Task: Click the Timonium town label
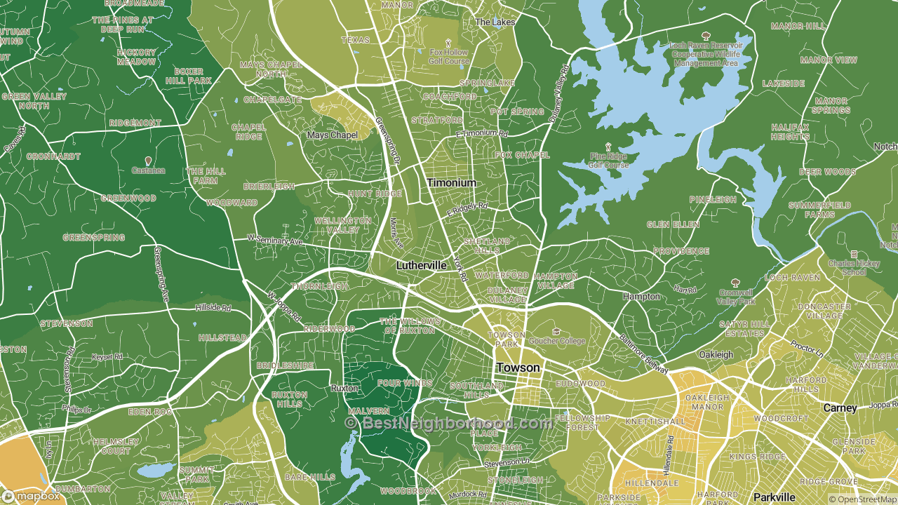point(451,183)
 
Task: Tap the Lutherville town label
point(421,266)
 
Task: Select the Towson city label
point(518,368)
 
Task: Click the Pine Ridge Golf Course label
point(598,161)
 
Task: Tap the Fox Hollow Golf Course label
point(448,57)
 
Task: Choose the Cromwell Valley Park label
point(735,297)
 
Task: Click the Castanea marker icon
point(147,161)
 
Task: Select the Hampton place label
point(641,297)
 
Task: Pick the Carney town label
point(840,408)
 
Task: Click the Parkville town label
point(774,497)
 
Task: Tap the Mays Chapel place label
point(333,135)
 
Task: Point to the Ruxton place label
point(344,388)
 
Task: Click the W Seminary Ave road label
point(274,240)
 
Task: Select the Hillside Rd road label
point(213,308)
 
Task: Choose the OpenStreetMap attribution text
point(862,499)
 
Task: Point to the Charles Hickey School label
point(855,268)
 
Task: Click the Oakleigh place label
point(716,355)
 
